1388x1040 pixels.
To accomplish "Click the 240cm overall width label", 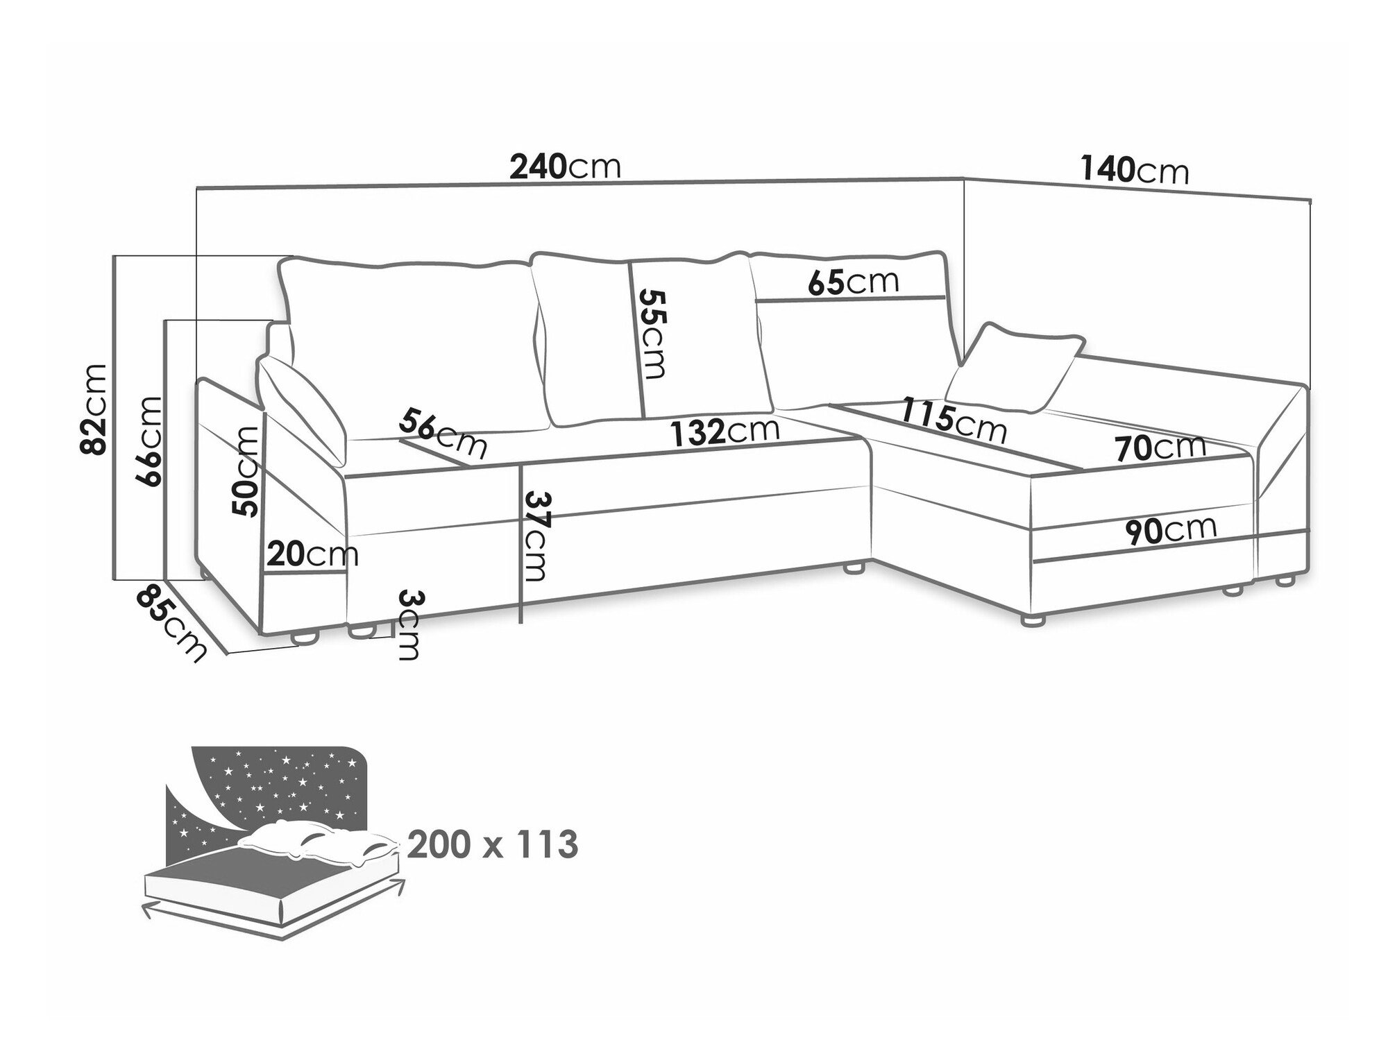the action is click(564, 167).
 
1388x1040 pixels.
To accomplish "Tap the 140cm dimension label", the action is click(1134, 171).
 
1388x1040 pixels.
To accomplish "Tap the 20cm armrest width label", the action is click(312, 554).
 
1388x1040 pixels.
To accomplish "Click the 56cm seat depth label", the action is click(442, 434).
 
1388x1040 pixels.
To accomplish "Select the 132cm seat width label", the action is click(725, 432).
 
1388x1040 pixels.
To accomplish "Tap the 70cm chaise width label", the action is click(1161, 447).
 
